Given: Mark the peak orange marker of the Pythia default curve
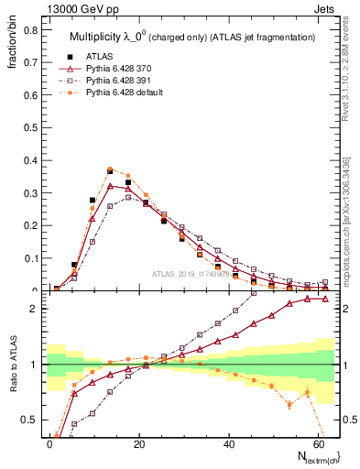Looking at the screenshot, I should click(110, 169).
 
